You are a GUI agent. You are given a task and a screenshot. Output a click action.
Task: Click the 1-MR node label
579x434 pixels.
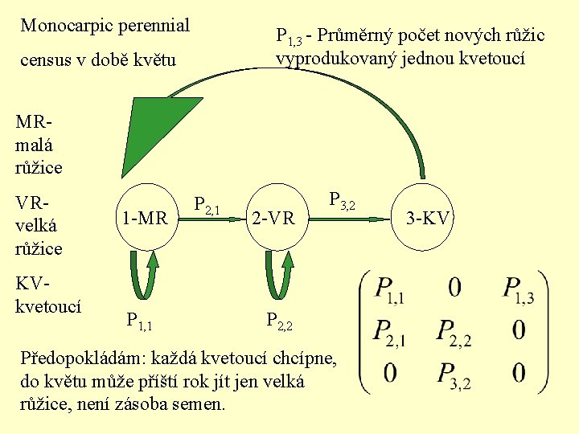click(145, 218)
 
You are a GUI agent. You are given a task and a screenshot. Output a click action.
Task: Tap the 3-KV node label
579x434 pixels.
click(429, 218)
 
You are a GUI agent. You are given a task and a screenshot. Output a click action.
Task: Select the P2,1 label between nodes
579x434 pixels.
click(207, 207)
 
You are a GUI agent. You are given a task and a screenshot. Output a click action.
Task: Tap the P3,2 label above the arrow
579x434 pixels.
click(342, 202)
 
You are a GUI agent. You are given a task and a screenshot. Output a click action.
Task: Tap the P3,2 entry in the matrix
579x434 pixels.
click(454, 375)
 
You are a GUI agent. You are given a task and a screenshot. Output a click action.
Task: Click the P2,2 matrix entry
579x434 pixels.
click(454, 333)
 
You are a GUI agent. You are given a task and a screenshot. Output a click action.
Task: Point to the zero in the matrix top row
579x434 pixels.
click(454, 287)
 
